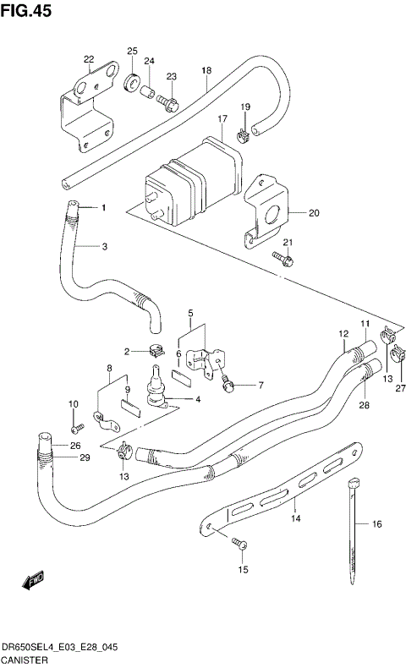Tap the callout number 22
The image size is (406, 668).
tap(89, 59)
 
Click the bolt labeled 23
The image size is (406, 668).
tap(167, 104)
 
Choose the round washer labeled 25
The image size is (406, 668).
tap(132, 83)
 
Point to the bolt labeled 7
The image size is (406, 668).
tap(228, 386)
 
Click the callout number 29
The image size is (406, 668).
tap(84, 457)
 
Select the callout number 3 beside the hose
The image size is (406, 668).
tap(105, 247)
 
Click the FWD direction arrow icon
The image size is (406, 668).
tap(35, 582)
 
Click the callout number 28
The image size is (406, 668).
tap(363, 406)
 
